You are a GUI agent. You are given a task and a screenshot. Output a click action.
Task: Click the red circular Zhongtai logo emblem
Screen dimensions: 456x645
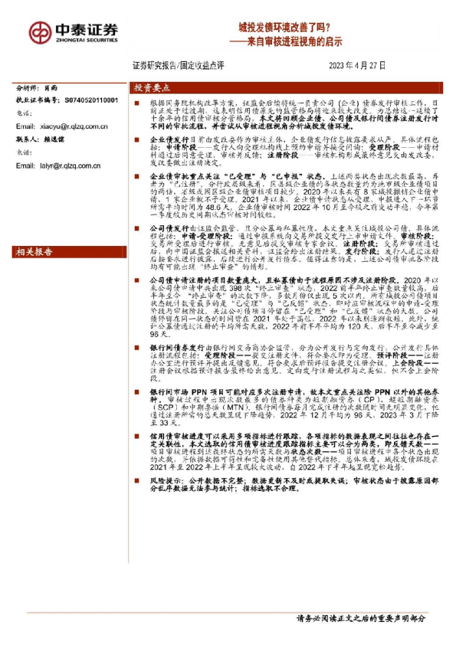pyautogui.click(x=40, y=31)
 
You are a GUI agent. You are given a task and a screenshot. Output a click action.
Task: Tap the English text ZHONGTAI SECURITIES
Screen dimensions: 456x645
pyautogui.click(x=87, y=39)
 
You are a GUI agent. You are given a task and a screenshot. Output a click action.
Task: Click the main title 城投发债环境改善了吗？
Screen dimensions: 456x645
pyautogui.click(x=289, y=26)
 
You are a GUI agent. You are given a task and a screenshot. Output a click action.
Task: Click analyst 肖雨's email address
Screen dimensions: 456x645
pyautogui.click(x=67, y=126)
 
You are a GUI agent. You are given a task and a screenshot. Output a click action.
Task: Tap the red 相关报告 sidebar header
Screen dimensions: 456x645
pyautogui.click(x=34, y=251)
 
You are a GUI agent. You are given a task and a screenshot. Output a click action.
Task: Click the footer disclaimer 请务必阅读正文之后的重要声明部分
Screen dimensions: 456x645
pyautogui.click(x=360, y=617)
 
